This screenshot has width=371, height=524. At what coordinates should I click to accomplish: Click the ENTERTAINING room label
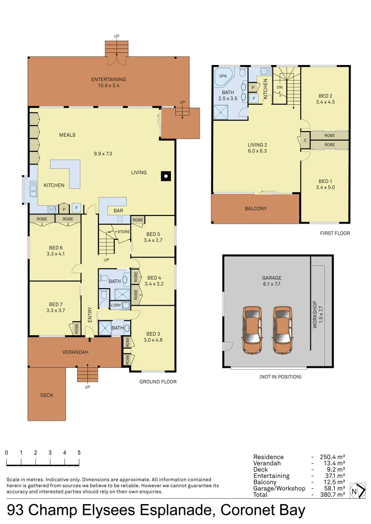(108, 79)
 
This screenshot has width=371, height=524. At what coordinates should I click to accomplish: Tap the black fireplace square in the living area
(166, 176)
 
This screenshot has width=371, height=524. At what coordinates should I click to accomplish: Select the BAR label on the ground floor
(118, 211)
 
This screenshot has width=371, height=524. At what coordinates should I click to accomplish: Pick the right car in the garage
(283, 330)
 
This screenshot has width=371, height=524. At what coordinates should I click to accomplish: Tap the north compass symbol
(357, 491)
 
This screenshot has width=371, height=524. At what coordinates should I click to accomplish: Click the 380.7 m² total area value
(333, 494)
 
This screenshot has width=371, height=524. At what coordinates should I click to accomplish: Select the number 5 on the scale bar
(79, 453)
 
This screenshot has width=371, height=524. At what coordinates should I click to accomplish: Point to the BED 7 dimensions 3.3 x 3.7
(56, 311)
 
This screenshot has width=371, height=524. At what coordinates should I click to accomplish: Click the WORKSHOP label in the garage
(315, 314)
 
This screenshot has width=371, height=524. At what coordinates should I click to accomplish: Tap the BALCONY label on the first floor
(255, 209)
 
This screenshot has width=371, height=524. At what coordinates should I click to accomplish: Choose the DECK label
(47, 395)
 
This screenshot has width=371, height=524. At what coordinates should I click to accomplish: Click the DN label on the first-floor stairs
(280, 87)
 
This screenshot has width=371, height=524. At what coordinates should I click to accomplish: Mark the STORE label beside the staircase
(123, 231)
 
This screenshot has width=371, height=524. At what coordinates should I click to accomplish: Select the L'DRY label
(116, 305)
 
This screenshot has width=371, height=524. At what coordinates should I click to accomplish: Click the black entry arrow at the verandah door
(90, 340)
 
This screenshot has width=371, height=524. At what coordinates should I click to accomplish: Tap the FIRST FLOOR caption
(335, 233)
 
